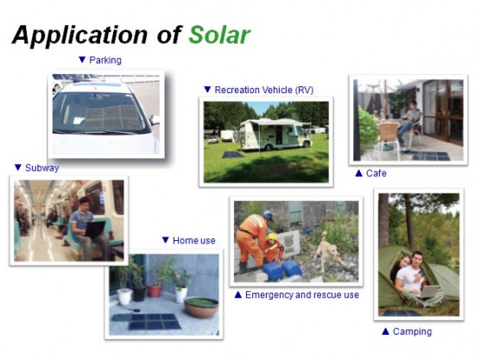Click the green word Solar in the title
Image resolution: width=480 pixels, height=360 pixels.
[x=219, y=35]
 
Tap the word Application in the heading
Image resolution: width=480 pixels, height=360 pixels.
[x=80, y=35]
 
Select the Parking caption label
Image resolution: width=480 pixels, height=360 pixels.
[x=105, y=60]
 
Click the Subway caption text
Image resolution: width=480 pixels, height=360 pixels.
[x=42, y=167]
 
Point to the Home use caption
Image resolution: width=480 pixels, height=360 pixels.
[x=193, y=241]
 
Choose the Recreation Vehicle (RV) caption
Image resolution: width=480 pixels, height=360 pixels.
[x=264, y=90]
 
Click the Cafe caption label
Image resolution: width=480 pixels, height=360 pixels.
[x=376, y=174]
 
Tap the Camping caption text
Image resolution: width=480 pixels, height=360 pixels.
[x=412, y=332]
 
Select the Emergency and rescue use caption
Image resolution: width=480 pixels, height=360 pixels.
[x=302, y=294]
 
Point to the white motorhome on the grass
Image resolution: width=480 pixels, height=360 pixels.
[x=275, y=134]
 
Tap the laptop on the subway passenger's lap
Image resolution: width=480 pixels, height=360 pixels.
[x=94, y=229]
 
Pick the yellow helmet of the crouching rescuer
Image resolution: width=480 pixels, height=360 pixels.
[x=271, y=237]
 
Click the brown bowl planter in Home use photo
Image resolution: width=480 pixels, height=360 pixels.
[x=201, y=306]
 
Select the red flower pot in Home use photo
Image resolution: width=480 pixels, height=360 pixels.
[x=155, y=291]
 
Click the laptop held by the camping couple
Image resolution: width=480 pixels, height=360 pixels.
[x=429, y=292]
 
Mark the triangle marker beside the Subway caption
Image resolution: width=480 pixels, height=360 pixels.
[x=18, y=167]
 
